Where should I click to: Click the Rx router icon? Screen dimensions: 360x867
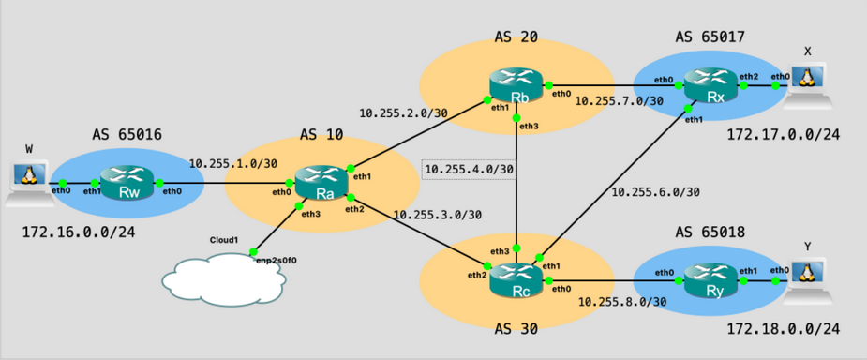pos(706,85)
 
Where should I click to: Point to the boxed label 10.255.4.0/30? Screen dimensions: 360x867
pos(470,170)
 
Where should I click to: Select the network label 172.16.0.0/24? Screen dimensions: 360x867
pos(79,229)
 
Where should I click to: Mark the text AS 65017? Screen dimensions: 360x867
pos(710,37)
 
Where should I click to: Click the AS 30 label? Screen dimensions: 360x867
pos(518,331)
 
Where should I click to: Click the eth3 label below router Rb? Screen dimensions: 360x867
pos(529,126)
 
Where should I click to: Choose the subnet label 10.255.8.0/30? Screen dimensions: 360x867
pos(622,302)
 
